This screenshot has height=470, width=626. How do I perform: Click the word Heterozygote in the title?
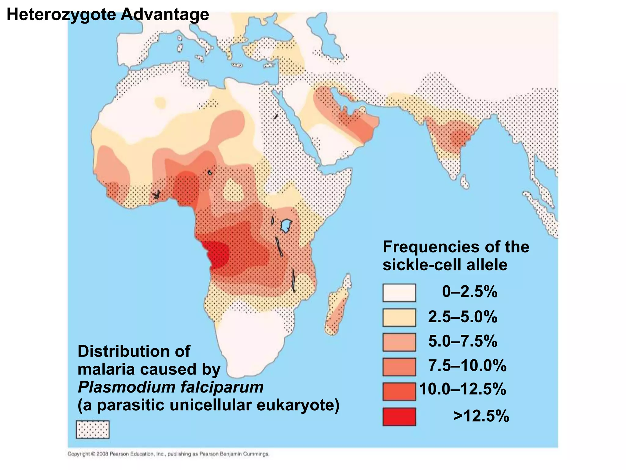[61, 15]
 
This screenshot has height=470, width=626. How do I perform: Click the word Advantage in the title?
[165, 15]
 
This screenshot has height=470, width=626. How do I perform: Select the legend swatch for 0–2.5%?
[399, 293]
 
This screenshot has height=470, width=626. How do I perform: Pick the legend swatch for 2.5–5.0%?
[399, 318]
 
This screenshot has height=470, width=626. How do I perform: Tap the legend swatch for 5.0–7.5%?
[399, 342]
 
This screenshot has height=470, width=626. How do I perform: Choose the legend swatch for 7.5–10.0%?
[399, 367]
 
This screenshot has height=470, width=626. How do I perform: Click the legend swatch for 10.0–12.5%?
[399, 391]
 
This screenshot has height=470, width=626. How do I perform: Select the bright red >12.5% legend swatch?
[399, 416]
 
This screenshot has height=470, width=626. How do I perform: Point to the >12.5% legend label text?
[481, 416]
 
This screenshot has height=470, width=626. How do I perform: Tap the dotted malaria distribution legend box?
[92, 430]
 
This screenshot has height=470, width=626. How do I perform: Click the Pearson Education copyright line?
[168, 454]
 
